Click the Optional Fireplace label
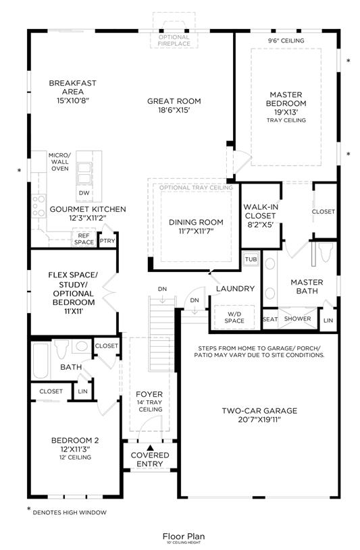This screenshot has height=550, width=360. point(174,40)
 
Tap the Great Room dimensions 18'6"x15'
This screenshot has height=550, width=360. point(174,110)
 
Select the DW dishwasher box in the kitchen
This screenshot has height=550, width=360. point(84,193)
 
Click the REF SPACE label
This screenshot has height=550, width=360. point(84,239)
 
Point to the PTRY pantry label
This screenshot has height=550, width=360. point(107,241)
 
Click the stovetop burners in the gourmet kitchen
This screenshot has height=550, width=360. point(38,207)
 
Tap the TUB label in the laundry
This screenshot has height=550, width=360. point(251,259)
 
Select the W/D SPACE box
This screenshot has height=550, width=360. point(234,317)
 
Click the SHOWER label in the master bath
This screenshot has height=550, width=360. point(297,319)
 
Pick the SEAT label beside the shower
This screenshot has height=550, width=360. point(270,319)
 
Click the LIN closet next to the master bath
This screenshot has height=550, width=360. point(328,320)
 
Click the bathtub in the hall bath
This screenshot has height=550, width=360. point(41,361)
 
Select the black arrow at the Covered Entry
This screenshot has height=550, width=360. point(150,447)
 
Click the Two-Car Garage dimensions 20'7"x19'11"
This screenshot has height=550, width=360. point(259,420)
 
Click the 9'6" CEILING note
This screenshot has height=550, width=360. point(286,40)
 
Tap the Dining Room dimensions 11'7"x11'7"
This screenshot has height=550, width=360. point(196,231)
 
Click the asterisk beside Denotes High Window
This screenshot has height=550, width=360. point(29,510)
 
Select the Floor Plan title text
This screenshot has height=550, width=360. point(183,537)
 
